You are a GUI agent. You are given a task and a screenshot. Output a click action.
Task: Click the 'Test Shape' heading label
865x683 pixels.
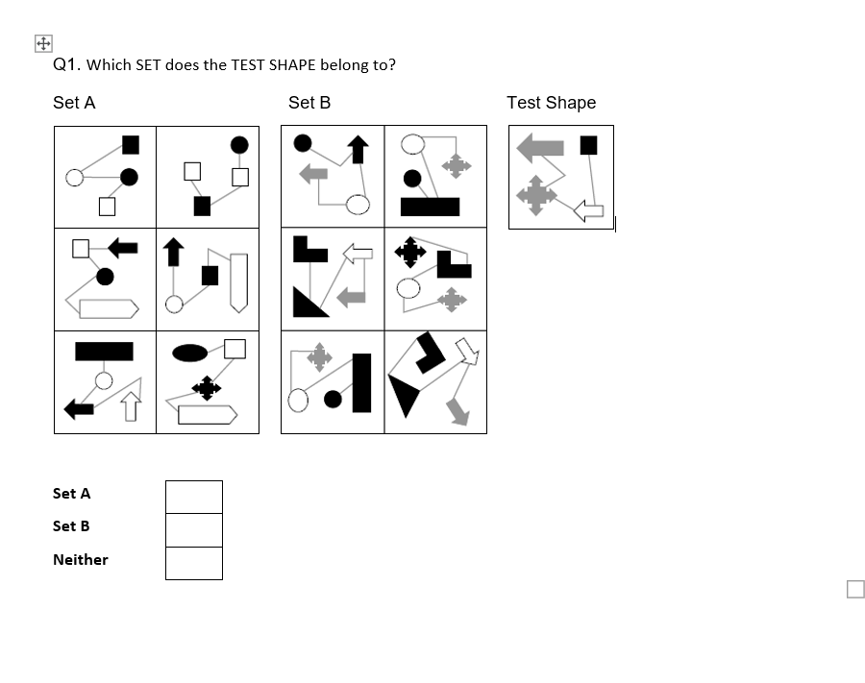click(551, 103)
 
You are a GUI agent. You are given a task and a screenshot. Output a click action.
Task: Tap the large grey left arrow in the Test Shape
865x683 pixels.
click(540, 147)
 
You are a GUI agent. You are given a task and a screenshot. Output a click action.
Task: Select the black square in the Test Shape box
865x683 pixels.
click(588, 145)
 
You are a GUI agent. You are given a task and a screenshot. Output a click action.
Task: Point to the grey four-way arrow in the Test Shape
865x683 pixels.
click(535, 195)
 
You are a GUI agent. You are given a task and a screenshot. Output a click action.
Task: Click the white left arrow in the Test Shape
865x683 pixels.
click(588, 209)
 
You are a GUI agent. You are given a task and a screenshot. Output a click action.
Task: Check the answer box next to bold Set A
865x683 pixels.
click(193, 497)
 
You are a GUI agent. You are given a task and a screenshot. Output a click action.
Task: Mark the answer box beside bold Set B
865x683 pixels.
click(193, 529)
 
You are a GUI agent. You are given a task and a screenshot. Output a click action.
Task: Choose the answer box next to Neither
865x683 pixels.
click(193, 563)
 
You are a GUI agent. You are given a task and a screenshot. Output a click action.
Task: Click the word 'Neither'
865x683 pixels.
click(81, 559)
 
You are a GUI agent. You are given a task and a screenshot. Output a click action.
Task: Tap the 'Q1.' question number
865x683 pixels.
click(65, 64)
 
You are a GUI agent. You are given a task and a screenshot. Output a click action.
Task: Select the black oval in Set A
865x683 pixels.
click(190, 353)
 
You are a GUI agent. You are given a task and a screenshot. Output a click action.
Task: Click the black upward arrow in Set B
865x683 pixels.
click(358, 149)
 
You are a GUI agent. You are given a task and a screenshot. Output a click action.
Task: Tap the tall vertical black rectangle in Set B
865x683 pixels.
click(361, 382)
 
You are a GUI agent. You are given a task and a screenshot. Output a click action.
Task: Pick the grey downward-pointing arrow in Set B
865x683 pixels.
click(457, 410)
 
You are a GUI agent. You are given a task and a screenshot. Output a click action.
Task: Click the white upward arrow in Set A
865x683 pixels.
click(131, 407)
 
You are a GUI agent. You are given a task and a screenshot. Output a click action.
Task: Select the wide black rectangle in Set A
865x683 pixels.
click(104, 351)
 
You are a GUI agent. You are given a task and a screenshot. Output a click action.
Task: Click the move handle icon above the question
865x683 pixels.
click(42, 43)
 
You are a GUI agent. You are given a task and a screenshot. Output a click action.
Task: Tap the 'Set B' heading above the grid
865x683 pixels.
click(309, 103)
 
